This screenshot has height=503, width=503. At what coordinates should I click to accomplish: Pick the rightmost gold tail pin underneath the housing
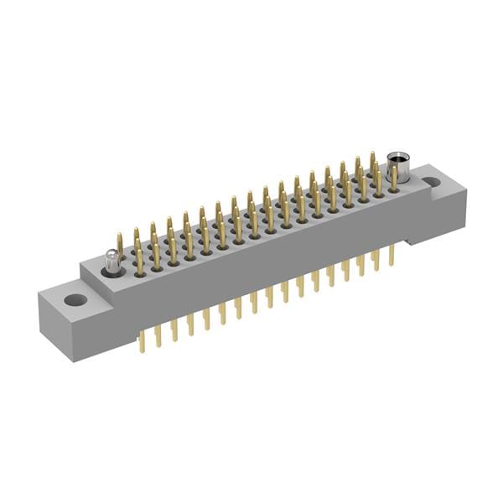pyautogui.click(x=391, y=255)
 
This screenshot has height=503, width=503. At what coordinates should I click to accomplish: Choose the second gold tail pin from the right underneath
pyautogui.click(x=376, y=260)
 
